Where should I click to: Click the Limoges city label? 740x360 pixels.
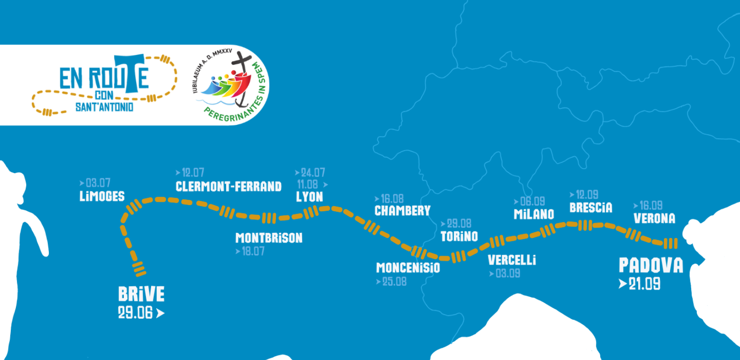[102, 196]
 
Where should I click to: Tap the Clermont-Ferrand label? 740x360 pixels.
[229, 186]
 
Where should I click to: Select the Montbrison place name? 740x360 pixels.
[269, 238]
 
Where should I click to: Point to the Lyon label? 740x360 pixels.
[309, 197]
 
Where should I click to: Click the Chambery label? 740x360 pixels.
[402, 211]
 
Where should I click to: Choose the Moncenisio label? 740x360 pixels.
[408, 268]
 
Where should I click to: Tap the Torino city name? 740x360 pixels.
[459, 236]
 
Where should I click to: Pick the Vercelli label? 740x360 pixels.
[511, 260]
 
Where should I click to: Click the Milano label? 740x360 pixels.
[534, 214]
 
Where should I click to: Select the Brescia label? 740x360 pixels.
[591, 207]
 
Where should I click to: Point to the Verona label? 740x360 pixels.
[654, 218]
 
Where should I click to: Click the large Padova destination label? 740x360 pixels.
[651, 266]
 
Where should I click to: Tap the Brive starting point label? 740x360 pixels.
[141, 295]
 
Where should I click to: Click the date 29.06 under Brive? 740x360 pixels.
[135, 313]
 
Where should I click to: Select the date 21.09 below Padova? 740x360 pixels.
[644, 284]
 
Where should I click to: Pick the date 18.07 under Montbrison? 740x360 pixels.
[253, 252]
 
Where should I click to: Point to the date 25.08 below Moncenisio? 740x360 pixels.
[394, 282]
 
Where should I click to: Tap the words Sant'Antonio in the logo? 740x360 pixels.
[104, 107]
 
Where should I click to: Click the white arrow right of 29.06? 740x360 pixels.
[160, 313]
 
